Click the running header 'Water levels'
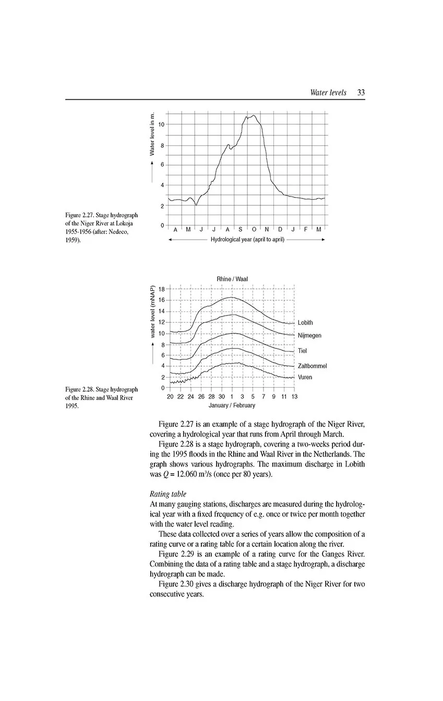(328, 92)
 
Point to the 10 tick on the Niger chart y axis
(161, 124)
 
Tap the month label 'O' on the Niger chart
(254, 229)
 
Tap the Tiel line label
(303, 350)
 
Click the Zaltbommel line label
(312, 366)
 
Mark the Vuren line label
(305, 377)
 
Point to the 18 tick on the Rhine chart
(161, 289)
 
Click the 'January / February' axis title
(232, 405)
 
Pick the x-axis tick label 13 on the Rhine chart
(294, 396)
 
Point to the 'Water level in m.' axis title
(152, 134)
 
